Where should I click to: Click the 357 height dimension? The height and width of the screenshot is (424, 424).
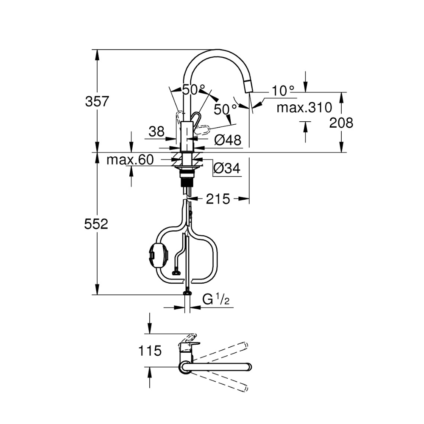[97, 102]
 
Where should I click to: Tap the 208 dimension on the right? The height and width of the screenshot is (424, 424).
[341, 123]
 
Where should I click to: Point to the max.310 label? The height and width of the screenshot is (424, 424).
[304, 108]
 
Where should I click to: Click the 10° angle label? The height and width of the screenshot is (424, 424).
[283, 90]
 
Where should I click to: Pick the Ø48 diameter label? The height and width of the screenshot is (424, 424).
[227, 140]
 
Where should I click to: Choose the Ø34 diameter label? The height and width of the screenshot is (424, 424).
[227, 169]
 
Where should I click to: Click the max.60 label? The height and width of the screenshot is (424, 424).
[129, 160]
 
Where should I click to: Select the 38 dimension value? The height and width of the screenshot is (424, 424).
[156, 132]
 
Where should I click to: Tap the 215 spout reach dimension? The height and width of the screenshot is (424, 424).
[218, 198]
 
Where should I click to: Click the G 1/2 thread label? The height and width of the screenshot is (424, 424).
[216, 300]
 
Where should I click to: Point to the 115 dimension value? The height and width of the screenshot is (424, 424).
[150, 351]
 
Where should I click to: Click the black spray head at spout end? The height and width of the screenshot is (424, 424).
[248, 87]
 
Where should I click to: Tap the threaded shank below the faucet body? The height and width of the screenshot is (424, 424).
[187, 183]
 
